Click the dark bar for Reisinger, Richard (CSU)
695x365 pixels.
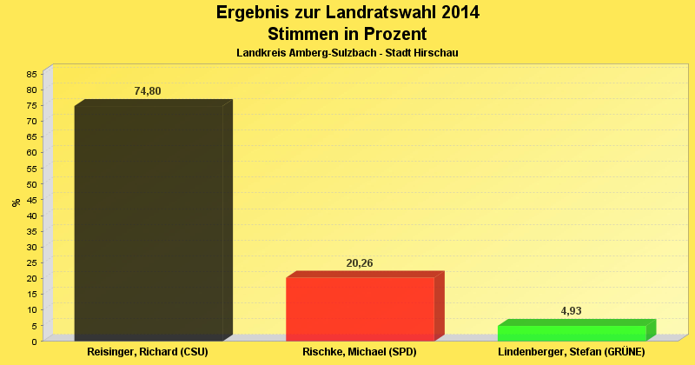[x=149, y=222]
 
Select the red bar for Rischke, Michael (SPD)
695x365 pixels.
[x=360, y=309]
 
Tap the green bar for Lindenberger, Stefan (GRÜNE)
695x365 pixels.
[x=572, y=333]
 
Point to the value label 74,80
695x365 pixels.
[x=148, y=91]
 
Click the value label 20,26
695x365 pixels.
[x=359, y=263]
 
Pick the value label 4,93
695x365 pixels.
[x=571, y=310]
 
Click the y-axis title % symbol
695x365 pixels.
[x=16, y=202]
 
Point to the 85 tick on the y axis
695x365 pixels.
[x=32, y=74]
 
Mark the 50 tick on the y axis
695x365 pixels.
[x=32, y=184]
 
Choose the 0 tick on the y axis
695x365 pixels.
[x=35, y=342]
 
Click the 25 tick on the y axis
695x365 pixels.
[x=32, y=262]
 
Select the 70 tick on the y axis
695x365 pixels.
[x=32, y=121]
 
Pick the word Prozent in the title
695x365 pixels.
[x=391, y=34]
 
